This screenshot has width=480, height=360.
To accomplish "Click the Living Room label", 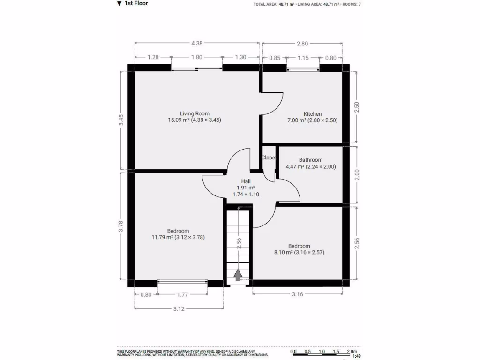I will [195, 113].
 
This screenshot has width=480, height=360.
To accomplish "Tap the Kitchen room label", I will [313, 114].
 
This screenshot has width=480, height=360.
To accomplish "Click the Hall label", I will [246, 181].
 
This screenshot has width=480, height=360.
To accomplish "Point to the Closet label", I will [269, 157].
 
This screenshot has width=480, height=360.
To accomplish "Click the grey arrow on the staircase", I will [239, 275].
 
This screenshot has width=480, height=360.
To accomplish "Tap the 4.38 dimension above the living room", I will [197, 44].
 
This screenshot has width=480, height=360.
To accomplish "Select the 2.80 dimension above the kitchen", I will [302, 44].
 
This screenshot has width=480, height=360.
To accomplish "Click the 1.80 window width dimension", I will [197, 57].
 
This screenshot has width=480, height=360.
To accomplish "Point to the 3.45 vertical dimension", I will [121, 120].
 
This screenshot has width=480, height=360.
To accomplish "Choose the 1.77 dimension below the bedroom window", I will [182, 295].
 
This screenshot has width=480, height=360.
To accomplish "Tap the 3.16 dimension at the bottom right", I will [297, 295].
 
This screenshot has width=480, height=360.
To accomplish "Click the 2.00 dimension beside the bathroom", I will [357, 174].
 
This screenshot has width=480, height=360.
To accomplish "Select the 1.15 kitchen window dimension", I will [303, 58].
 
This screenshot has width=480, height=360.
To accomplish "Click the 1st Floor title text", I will [136, 4].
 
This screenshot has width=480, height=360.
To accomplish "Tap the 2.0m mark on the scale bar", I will [351, 351].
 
